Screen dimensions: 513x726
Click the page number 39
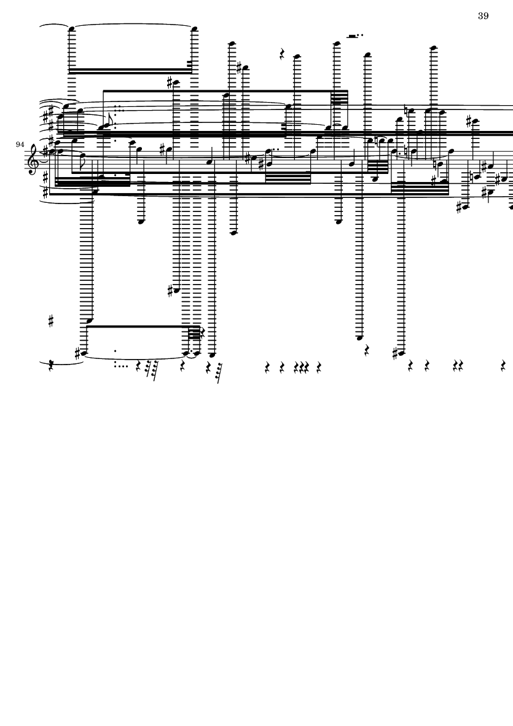[484, 16]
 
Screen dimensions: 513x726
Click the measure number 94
[20, 145]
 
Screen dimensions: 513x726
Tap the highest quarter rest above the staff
[283, 55]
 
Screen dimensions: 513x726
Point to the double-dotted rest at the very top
[355, 35]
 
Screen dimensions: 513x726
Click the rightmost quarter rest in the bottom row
[503, 367]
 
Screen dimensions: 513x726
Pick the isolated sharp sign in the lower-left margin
[51, 321]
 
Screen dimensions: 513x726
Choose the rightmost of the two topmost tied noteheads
[194, 29]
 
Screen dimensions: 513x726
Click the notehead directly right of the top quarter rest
[297, 57]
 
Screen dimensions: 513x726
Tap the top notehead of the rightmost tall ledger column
[433, 48]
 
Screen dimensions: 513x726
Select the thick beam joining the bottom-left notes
[143, 326]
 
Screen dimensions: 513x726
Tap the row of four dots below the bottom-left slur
[121, 366]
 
